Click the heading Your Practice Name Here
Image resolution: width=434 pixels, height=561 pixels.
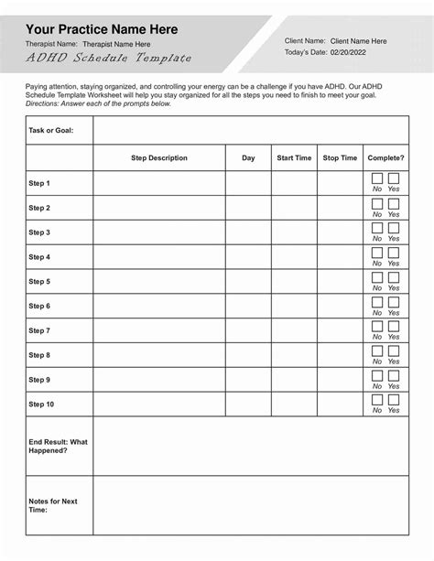coord(95,29)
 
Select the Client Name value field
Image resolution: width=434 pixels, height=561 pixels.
coord(358,41)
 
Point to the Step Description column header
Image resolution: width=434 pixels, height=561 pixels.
coord(159,158)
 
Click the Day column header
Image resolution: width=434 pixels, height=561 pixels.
coord(248,158)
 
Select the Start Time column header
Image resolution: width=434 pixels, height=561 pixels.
coord(294,158)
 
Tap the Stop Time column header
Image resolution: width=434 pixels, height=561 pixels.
coord(341,158)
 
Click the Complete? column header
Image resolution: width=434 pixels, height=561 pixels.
coord(385,158)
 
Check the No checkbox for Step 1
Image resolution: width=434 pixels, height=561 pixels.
coord(377,178)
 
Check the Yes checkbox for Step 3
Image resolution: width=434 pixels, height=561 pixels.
coord(394,228)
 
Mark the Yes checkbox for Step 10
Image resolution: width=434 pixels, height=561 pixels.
coord(394,400)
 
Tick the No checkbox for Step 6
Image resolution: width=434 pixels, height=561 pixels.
coord(377,301)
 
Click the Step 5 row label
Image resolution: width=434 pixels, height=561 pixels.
coord(39,282)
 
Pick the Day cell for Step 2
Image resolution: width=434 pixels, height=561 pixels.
coord(248,208)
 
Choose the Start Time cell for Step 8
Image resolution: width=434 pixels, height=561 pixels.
coord(294,355)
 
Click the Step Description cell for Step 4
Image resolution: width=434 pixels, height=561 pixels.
coord(159,257)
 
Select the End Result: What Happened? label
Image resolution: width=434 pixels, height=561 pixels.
coord(58,446)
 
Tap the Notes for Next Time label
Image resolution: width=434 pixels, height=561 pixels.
coord(53,505)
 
